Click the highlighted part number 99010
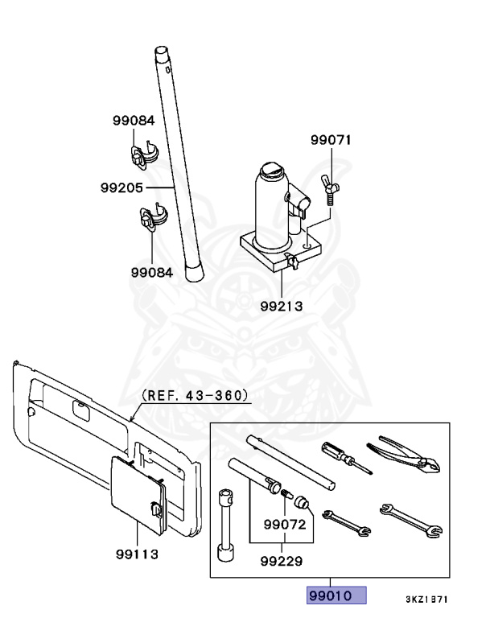335,596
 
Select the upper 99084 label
133,121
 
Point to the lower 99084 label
152,272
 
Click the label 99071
331,139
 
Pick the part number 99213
282,306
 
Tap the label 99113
136,554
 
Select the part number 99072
282,525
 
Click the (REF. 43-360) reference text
195,395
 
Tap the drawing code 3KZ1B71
426,599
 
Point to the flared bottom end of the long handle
194,271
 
